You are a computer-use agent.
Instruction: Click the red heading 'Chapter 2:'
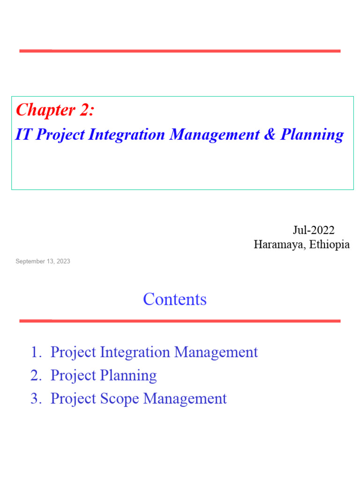[55, 110]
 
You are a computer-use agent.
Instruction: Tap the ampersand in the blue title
[270, 135]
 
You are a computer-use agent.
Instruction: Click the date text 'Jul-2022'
[314, 230]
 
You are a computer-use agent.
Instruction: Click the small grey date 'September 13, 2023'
[43, 261]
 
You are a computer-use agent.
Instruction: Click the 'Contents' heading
[175, 299]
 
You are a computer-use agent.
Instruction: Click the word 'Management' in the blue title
[214, 135]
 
